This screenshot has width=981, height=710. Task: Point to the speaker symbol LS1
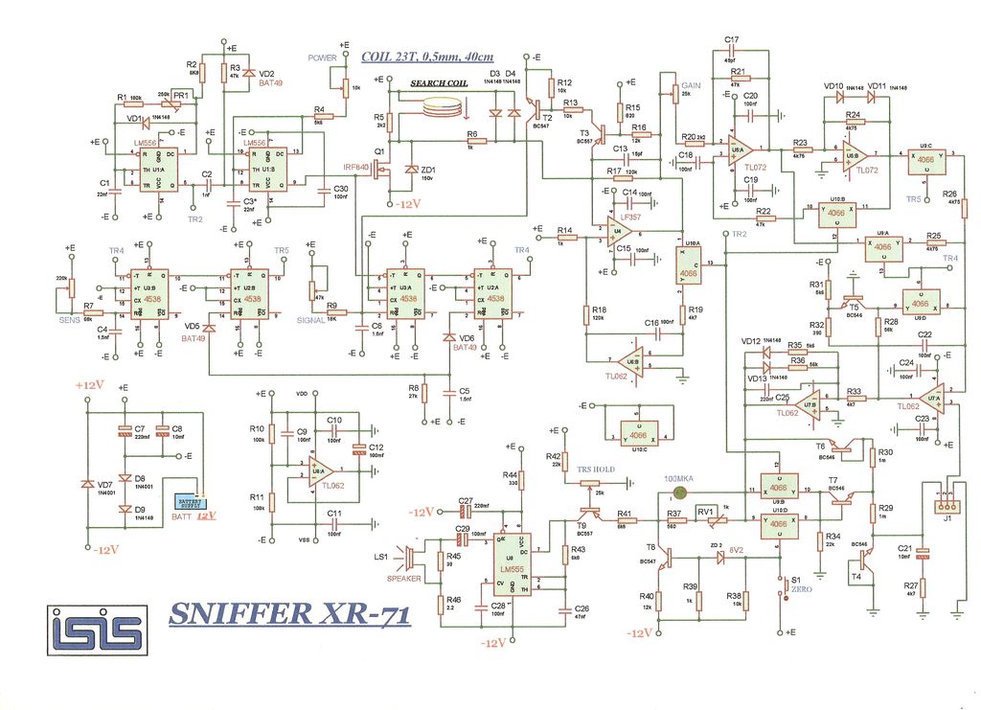tap(410, 557)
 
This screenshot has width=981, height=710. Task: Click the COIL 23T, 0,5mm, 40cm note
tap(428, 57)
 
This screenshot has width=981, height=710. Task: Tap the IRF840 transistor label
tap(356, 167)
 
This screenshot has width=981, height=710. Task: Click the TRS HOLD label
tap(596, 469)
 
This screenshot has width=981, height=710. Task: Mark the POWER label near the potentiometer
tap(323, 57)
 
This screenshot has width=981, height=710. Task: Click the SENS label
tap(70, 319)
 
